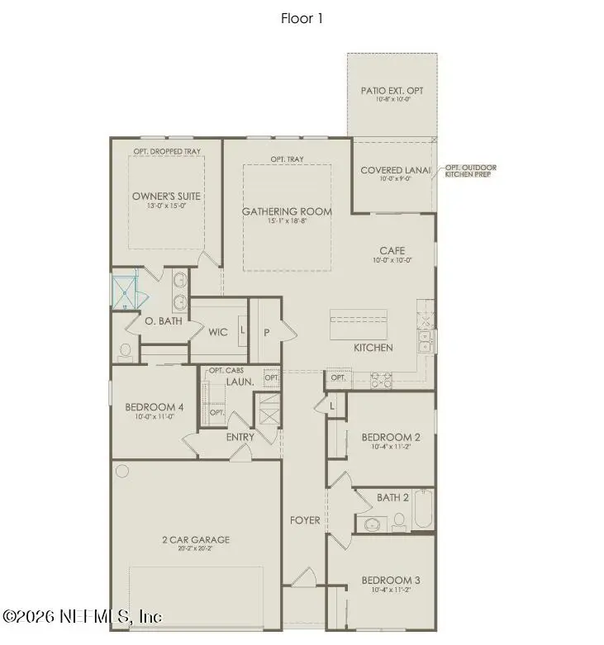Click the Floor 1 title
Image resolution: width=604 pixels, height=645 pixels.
(301, 18)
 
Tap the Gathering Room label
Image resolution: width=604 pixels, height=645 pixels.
(287, 211)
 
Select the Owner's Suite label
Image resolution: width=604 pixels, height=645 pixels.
(166, 196)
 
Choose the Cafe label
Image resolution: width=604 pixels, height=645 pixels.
(392, 250)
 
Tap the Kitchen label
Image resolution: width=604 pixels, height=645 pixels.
(373, 348)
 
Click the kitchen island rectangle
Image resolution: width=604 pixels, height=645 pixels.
(358, 324)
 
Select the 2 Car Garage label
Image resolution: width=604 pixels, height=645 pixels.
(195, 540)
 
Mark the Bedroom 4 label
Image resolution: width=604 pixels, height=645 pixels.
(155, 407)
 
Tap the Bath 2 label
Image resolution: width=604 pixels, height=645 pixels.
(392, 497)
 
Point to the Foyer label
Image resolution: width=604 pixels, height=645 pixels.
(304, 520)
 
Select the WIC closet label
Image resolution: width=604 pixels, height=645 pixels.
(217, 332)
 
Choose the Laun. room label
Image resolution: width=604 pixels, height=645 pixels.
(239, 382)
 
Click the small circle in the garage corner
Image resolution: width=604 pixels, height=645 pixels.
(122, 472)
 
